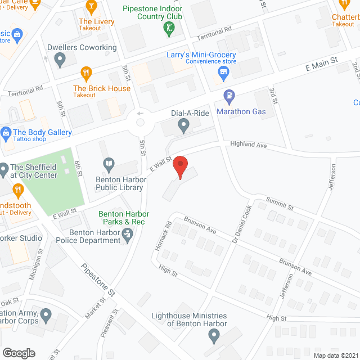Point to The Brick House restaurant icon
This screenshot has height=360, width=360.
(85, 73)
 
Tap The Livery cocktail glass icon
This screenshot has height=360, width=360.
(91, 7)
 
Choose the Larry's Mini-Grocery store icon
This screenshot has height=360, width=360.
(223, 73)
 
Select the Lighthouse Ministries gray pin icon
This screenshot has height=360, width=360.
(213, 337)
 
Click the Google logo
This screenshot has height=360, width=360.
(19, 353)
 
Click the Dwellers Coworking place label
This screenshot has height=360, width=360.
(82, 48)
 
